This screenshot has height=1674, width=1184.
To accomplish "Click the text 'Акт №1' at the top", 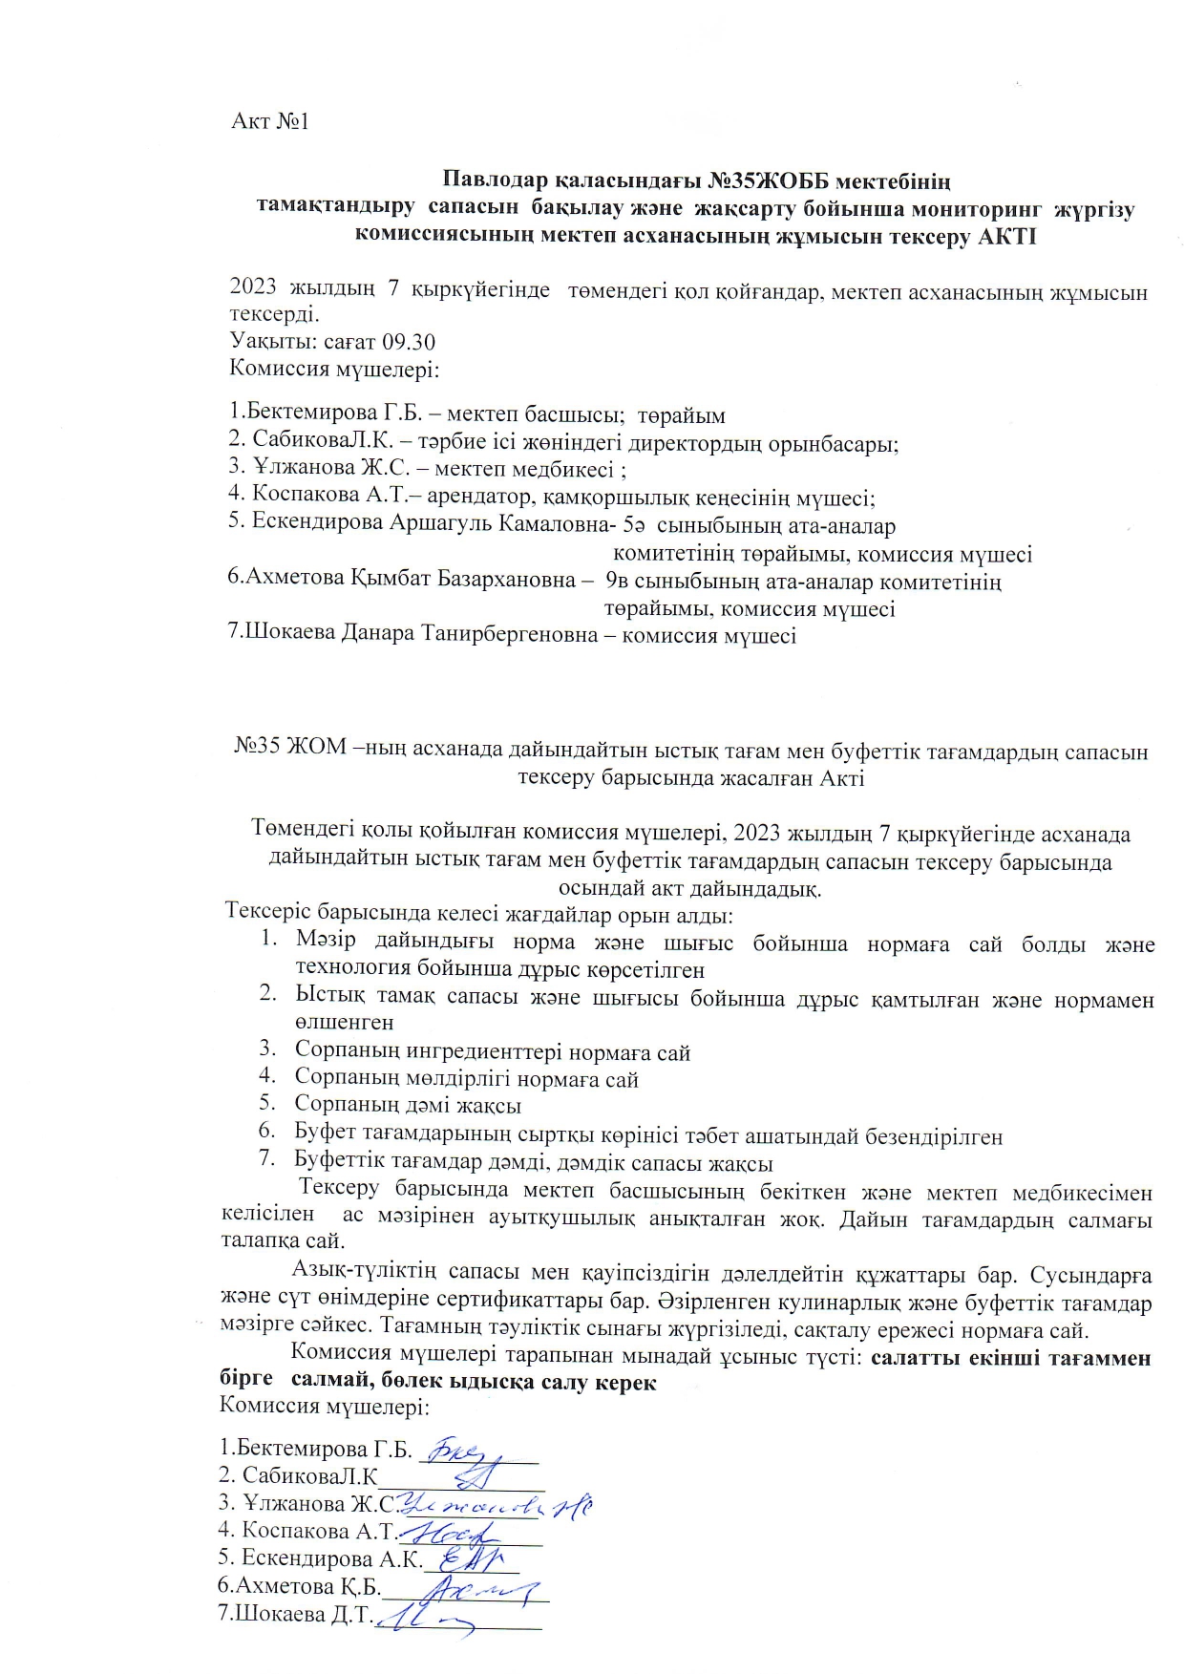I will click(x=270, y=122).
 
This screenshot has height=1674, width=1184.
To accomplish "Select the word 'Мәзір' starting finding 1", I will click(x=326, y=942).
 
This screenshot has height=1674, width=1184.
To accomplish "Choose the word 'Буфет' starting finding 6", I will click(x=327, y=1136).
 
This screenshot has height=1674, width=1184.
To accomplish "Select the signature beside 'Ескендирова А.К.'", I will click(x=469, y=1559).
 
